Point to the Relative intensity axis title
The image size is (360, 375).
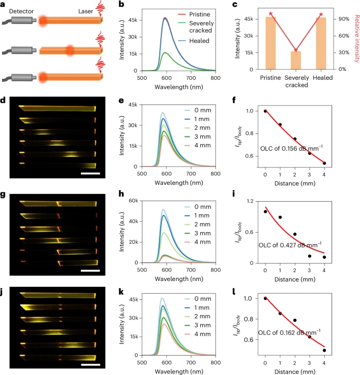click(x=356, y=37)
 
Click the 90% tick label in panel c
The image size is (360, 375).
click(x=345, y=19)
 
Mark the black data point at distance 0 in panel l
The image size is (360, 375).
click(x=265, y=298)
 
